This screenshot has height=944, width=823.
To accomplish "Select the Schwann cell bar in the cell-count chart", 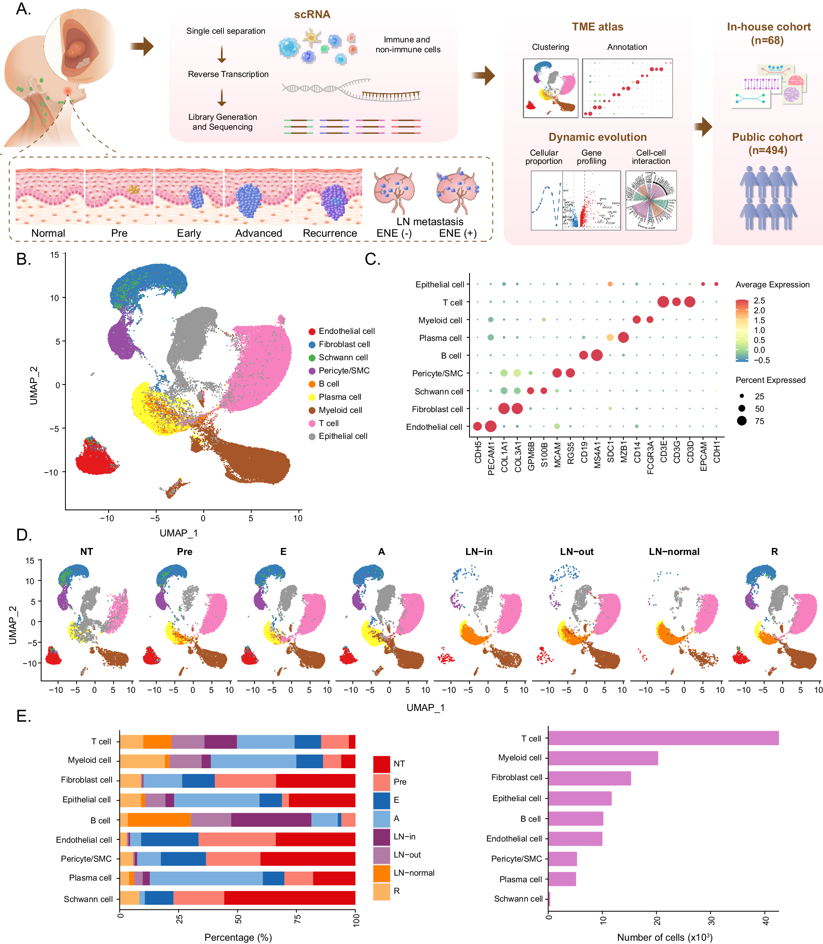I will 549,899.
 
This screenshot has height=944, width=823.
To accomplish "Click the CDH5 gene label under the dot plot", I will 478,452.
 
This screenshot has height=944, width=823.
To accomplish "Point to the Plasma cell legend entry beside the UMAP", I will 339,397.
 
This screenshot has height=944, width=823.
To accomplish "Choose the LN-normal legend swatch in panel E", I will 381,873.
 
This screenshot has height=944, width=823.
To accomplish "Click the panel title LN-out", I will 577,552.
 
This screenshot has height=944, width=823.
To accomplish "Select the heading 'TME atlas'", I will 597,27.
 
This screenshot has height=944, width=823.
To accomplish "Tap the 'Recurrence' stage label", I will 329,233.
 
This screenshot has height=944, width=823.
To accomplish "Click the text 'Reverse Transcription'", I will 228,74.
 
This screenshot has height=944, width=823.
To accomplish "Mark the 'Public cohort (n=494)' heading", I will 767,143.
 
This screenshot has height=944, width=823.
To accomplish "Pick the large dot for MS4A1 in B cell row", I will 597,355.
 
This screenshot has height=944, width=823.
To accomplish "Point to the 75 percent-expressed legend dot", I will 742,421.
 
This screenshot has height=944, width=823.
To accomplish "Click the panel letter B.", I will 23,259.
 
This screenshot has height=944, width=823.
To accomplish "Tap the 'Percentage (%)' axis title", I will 238,937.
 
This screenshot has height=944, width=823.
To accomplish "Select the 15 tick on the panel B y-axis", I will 55,254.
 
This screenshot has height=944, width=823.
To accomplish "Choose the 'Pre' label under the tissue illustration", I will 119,233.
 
